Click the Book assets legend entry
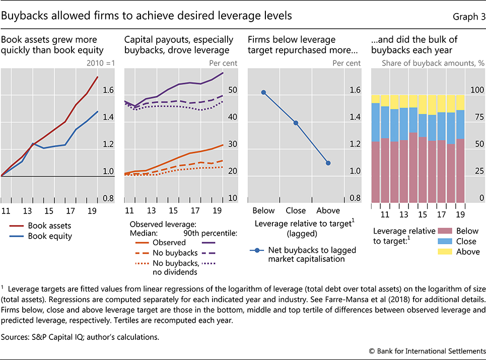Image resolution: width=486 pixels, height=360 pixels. [49, 226]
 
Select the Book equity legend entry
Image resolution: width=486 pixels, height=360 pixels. [49, 236]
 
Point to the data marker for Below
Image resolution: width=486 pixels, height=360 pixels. [263, 92]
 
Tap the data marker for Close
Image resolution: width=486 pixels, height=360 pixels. [296, 123]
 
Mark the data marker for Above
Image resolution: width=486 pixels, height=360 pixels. [328, 163]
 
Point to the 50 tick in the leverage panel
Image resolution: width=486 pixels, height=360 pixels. [232, 91]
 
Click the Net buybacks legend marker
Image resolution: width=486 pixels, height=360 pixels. [256, 250]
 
